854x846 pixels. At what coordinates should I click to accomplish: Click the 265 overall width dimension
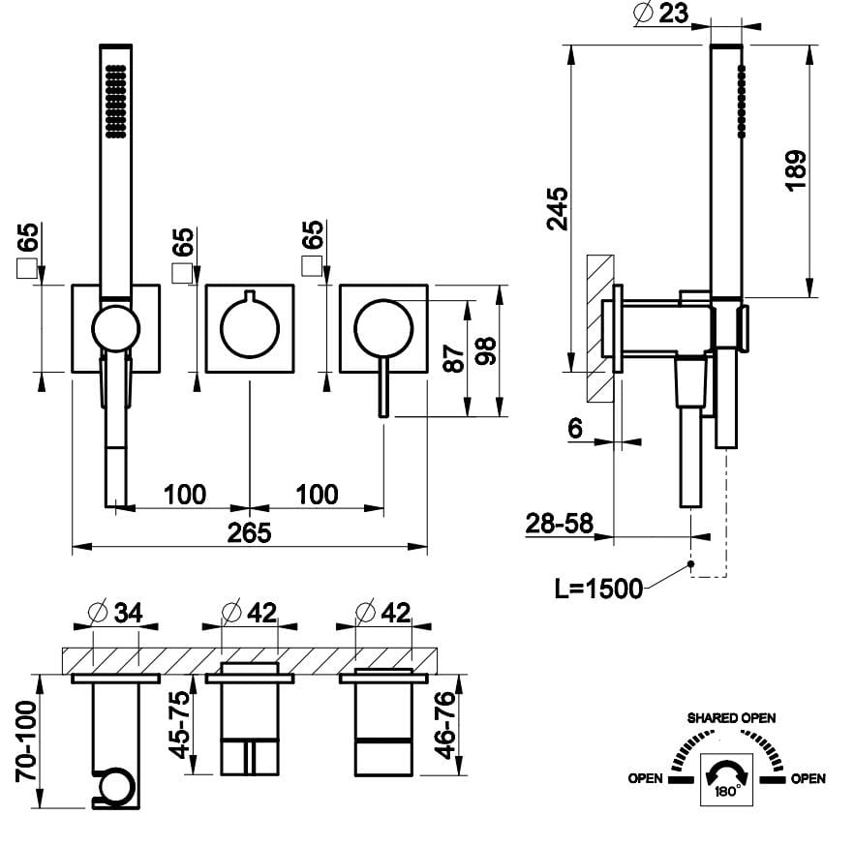[250, 532]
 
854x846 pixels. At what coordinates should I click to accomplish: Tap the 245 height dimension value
[557, 207]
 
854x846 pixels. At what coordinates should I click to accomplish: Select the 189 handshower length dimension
[795, 169]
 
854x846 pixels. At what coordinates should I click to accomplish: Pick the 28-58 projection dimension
[560, 524]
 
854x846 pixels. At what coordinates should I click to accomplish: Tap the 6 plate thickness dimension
[575, 430]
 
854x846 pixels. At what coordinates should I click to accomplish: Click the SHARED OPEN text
[731, 718]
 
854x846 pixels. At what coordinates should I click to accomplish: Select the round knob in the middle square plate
[250, 326]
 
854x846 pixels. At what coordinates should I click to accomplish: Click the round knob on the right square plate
[383, 327]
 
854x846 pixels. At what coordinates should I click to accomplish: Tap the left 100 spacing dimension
[184, 495]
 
